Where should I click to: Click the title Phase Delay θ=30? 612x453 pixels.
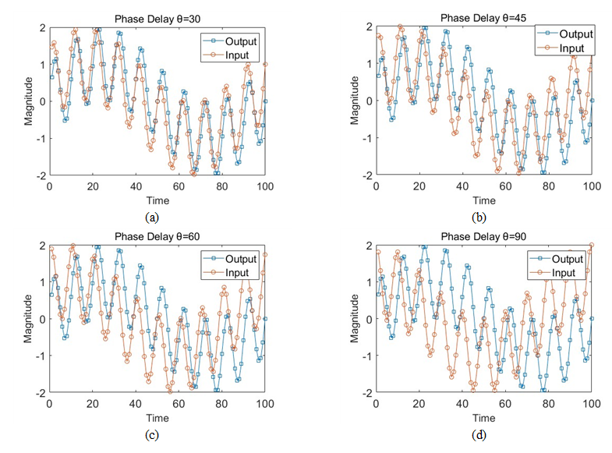tap(157, 19)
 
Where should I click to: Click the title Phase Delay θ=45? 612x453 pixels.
tap(484, 19)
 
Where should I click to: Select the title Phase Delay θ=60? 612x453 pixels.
tap(157, 236)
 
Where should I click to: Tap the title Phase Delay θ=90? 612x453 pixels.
tap(484, 236)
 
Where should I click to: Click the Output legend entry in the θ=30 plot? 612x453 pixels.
tap(241, 41)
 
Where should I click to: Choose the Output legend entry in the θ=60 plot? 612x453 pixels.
tap(241, 258)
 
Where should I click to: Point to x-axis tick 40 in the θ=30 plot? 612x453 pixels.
tap(136, 187)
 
